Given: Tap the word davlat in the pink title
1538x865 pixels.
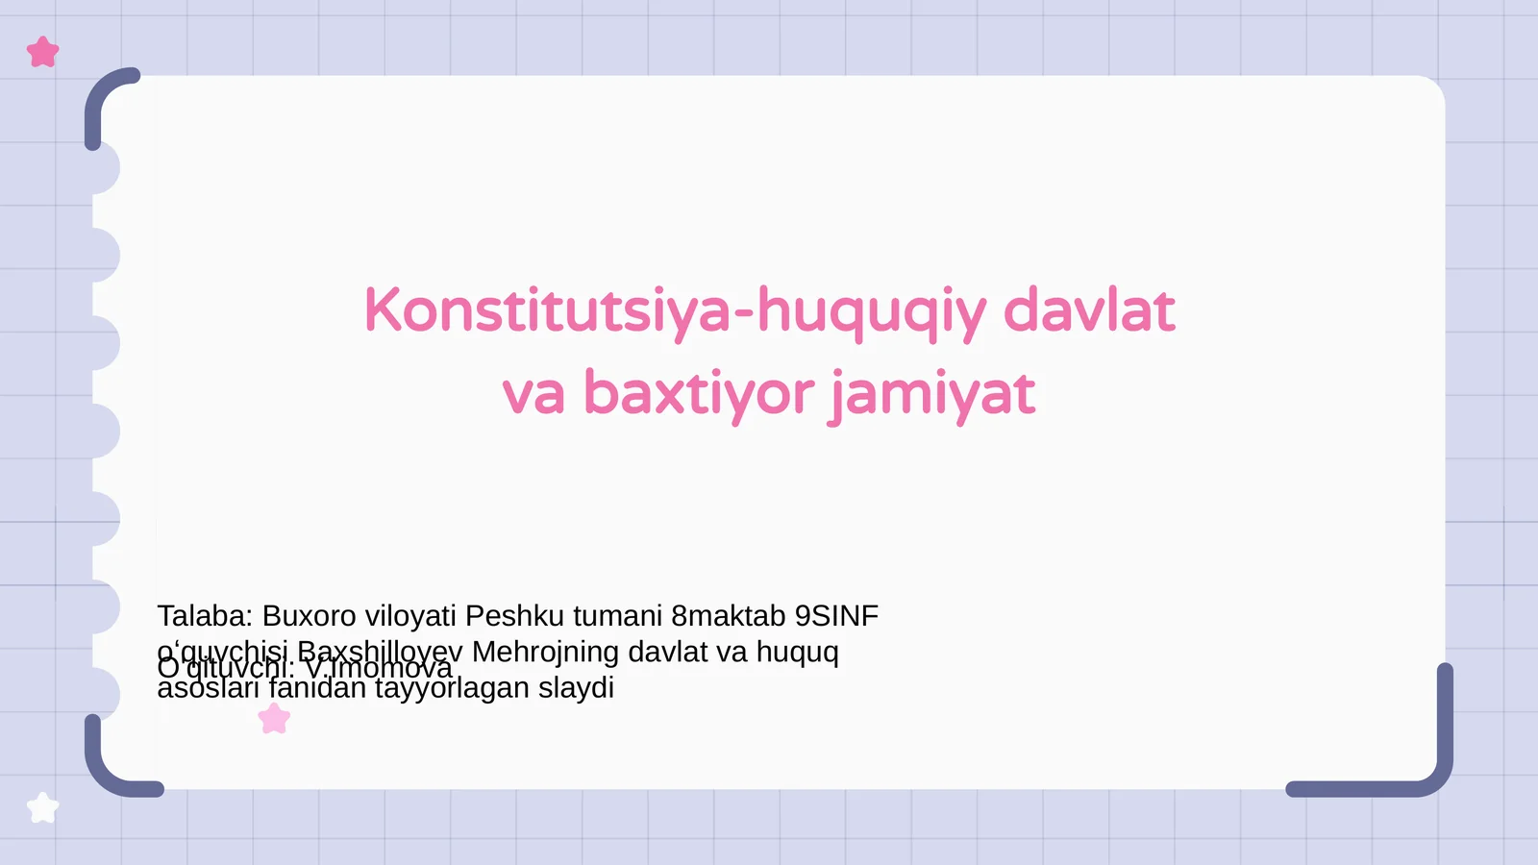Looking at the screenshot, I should click(1088, 311).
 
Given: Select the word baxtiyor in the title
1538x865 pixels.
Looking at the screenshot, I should click(699, 393).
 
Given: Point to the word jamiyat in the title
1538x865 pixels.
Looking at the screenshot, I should click(932, 394).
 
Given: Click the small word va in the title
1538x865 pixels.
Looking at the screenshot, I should click(533, 394).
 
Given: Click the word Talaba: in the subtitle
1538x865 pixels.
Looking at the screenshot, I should click(205, 615).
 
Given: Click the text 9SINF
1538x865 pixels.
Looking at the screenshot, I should click(836, 615).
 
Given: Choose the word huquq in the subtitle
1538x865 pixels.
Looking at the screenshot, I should click(797, 653).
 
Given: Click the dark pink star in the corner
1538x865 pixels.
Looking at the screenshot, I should click(42, 52).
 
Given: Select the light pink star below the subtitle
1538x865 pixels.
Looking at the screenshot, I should click(274, 718).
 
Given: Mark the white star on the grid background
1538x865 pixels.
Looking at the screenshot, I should click(42, 807).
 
